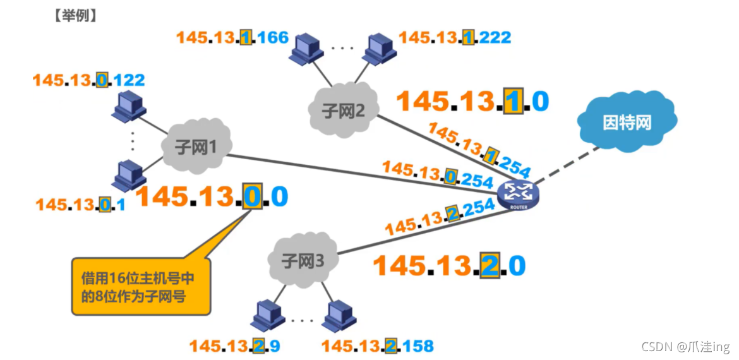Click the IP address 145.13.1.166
click(x=232, y=38)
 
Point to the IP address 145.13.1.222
click(x=455, y=38)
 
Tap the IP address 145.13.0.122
click(x=88, y=80)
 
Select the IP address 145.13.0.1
click(x=80, y=205)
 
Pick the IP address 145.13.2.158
click(x=377, y=345)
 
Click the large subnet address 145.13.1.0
click(x=472, y=101)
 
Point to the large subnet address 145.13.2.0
click(x=449, y=266)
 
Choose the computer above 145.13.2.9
click(x=263, y=316)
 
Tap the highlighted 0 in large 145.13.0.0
click(x=251, y=197)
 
